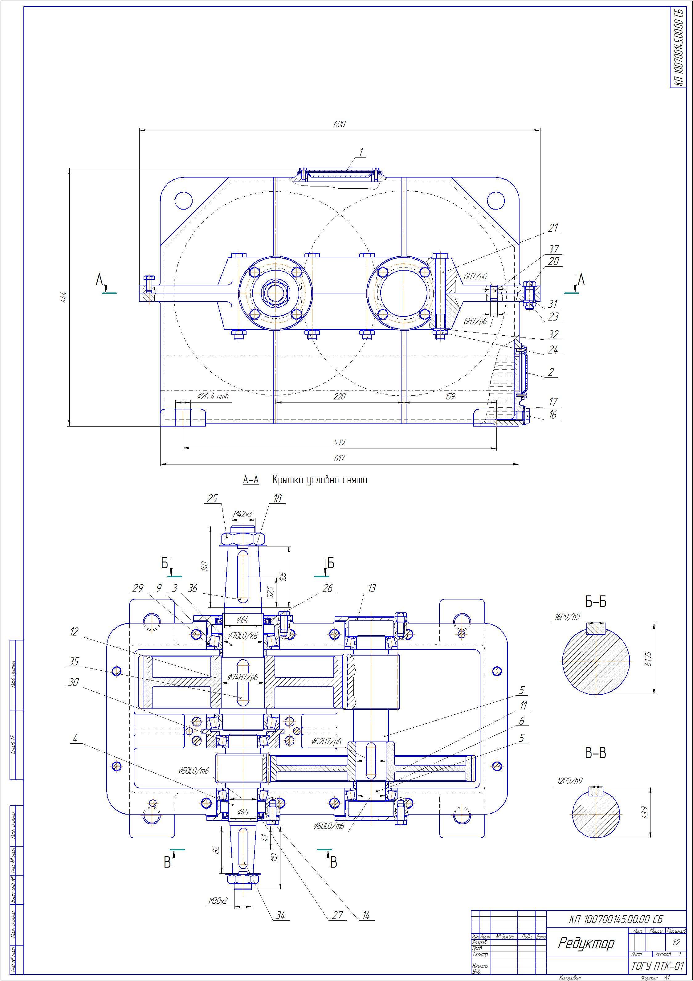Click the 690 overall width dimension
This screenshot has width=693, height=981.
339,124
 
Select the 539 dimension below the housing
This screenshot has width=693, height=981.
339,442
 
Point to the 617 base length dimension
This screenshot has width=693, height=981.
339,458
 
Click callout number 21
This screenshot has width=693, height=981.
553,228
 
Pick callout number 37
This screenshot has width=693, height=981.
553,249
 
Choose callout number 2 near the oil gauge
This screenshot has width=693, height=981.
551,372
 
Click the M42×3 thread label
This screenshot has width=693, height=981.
243,514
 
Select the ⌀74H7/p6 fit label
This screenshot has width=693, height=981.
242,677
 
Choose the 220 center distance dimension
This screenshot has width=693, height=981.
339,397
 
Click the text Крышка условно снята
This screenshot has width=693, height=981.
320,480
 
